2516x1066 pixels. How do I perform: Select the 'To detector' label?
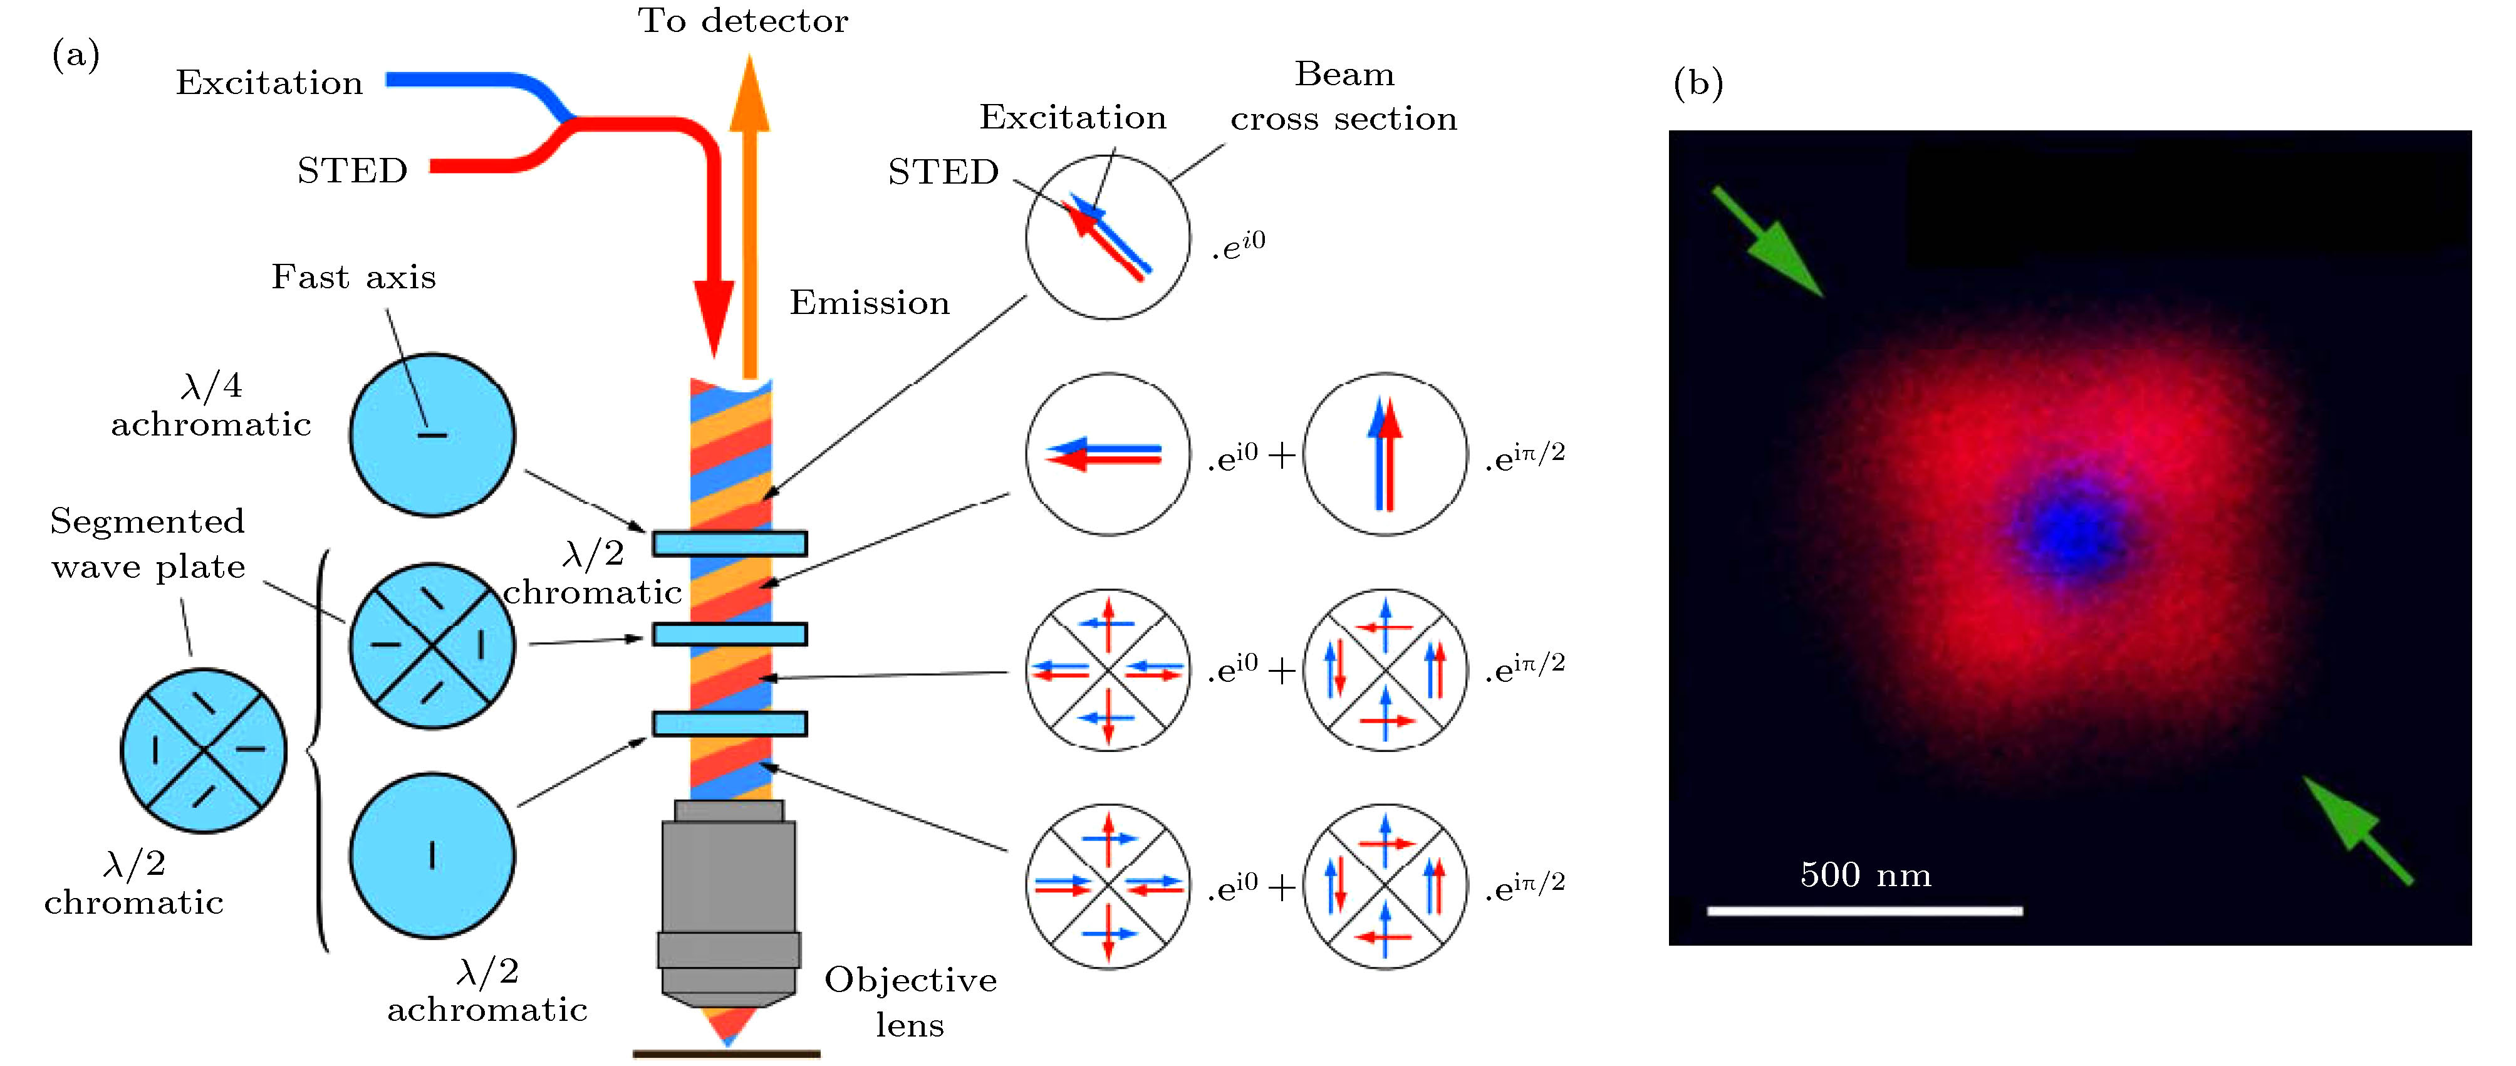(x=742, y=21)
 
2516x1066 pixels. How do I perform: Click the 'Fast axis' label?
(x=353, y=278)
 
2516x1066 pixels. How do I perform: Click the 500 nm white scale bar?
(x=1864, y=911)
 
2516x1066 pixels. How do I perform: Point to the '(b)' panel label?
(x=1698, y=83)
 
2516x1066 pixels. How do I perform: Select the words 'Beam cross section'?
(x=1344, y=97)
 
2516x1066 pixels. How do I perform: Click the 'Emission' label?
(x=870, y=303)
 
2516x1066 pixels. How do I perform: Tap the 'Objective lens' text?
(x=910, y=1001)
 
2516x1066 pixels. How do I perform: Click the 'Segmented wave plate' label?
(x=147, y=544)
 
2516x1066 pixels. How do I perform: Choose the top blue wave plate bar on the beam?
(x=730, y=543)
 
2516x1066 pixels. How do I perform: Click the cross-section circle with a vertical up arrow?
(x=1385, y=454)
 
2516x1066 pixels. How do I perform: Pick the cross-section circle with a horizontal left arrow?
(x=1108, y=454)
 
